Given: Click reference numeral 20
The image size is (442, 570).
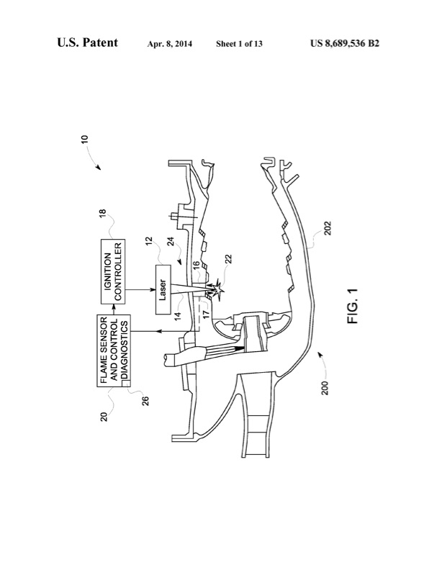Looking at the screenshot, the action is [x=105, y=416].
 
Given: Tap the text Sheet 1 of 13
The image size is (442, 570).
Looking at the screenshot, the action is [x=239, y=44].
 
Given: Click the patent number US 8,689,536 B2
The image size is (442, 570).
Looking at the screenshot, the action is [x=345, y=44].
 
